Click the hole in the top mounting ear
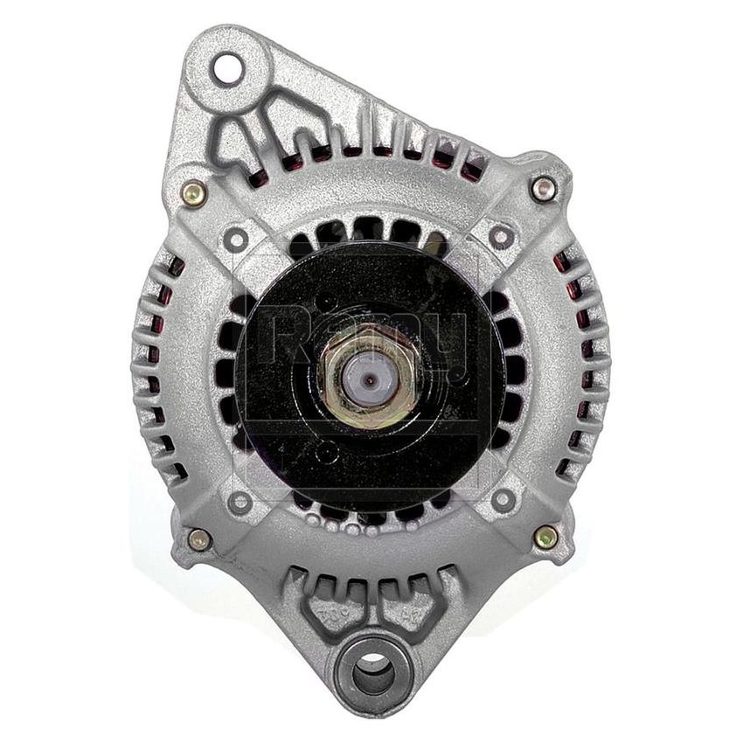coord(227,70)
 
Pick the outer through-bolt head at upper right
coord(544,187)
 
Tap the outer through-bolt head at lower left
coord(199,539)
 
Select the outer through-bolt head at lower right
coord(546,537)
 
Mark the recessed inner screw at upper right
coord(501,236)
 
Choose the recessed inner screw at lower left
coord(240,502)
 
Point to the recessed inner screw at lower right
coord(503,499)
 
